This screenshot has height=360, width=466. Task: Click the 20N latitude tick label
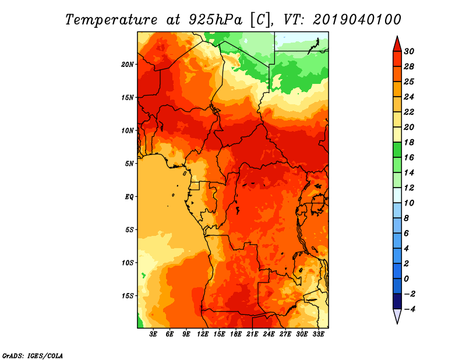pyautogui.click(x=128, y=65)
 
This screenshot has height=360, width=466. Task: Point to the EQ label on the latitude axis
pyautogui.click(x=129, y=197)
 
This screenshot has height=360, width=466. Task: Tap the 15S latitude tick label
pyautogui.click(x=128, y=296)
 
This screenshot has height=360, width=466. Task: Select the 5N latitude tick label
pyautogui.click(x=129, y=164)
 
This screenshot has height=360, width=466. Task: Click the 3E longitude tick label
pyautogui.click(x=153, y=334)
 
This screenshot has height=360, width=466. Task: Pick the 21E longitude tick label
pyautogui.click(x=252, y=334)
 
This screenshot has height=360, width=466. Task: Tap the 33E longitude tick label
pyautogui.click(x=318, y=334)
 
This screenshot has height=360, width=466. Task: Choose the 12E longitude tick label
pyautogui.click(x=203, y=334)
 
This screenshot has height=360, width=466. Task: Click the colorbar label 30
pyautogui.click(x=409, y=51)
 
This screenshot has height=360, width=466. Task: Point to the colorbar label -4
pyautogui.click(x=409, y=309)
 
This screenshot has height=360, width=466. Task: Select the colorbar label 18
pyautogui.click(x=409, y=142)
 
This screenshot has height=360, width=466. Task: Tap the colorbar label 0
pyautogui.click(x=407, y=279)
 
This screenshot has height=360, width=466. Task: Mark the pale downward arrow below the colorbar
pyautogui.click(x=397, y=316)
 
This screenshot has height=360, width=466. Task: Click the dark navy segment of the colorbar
pyautogui.click(x=397, y=301)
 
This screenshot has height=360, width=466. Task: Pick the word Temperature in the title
pyautogui.click(x=111, y=20)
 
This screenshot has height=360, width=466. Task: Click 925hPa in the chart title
pyautogui.click(x=215, y=20)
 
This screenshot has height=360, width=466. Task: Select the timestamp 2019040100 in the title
pyautogui.click(x=357, y=20)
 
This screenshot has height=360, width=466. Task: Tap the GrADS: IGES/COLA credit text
pyautogui.click(x=33, y=356)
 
